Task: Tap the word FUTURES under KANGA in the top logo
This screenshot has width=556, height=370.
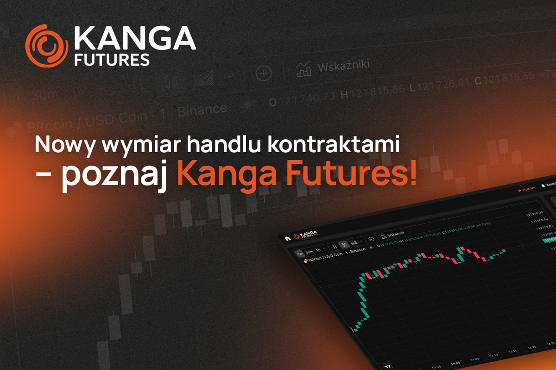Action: (x=112, y=60)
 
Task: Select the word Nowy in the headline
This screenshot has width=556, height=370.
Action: (x=63, y=146)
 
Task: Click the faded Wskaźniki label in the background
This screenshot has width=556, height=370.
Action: (x=343, y=66)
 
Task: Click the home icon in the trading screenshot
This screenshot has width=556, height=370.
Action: (x=288, y=238)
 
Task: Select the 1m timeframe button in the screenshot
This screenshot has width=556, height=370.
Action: (x=300, y=253)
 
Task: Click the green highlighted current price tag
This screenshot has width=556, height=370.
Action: (x=549, y=240)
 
